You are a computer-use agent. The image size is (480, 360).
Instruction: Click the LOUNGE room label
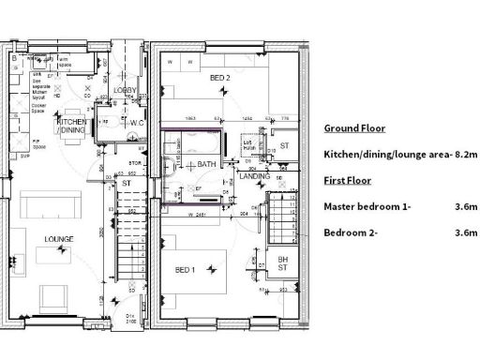(58, 239)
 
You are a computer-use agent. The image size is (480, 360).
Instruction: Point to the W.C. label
(133, 121)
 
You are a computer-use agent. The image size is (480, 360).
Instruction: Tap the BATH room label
(206, 165)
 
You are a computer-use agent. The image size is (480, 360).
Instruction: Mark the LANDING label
(254, 175)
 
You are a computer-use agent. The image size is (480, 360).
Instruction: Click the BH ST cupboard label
(282, 263)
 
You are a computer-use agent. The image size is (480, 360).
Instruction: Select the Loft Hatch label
(249, 145)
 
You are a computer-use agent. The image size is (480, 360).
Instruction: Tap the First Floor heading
(347, 180)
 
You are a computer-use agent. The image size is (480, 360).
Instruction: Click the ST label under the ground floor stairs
(126, 184)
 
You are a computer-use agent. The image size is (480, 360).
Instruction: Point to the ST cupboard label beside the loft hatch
(284, 145)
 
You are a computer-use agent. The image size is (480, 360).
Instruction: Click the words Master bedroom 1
(367, 205)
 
